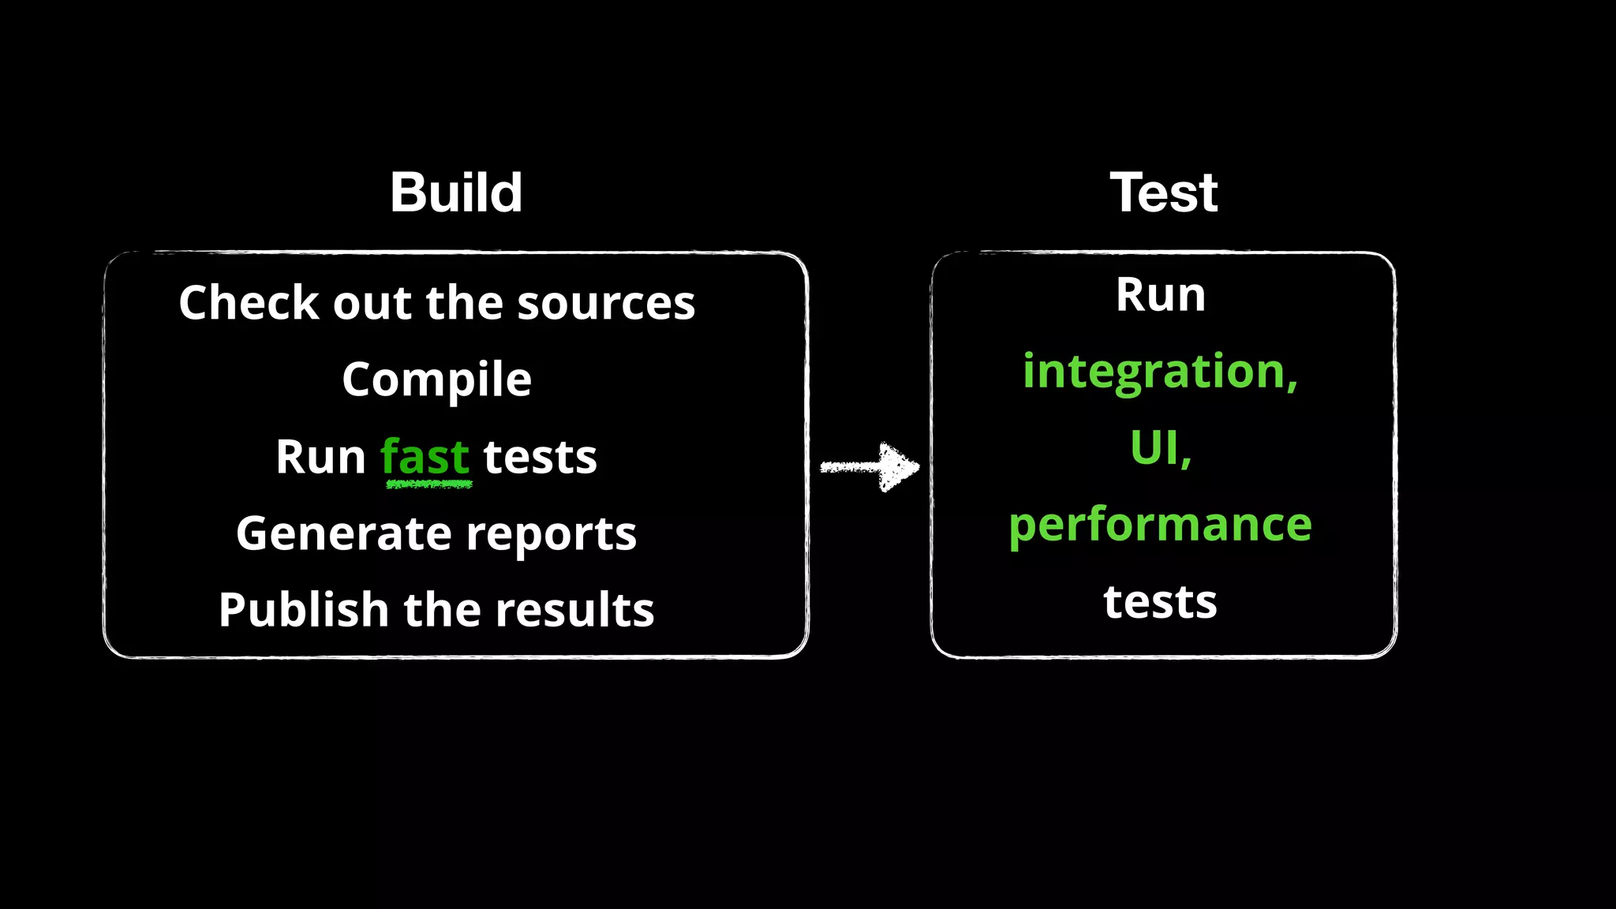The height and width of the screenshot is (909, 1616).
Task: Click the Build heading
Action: tap(456, 193)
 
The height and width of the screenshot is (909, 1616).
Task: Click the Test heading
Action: tap(1164, 193)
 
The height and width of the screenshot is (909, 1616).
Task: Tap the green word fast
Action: tap(425, 458)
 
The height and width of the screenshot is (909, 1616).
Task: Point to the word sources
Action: tap(606, 304)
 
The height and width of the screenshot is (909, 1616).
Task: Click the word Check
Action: tap(247, 303)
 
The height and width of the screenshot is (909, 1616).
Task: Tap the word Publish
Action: tap(304, 611)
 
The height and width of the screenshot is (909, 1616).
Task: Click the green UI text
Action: tap(1158, 447)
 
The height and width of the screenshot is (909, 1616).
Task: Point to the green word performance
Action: tap(1160, 526)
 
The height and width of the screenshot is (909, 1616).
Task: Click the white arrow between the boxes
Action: tap(870, 467)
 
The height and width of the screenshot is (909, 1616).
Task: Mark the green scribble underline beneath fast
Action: tap(429, 484)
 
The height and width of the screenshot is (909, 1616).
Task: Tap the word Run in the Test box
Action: tap(1160, 295)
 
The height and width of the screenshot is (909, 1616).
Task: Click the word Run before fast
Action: tap(320, 458)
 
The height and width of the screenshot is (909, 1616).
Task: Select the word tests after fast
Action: tap(540, 458)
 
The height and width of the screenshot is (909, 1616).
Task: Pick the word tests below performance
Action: tap(1160, 602)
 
